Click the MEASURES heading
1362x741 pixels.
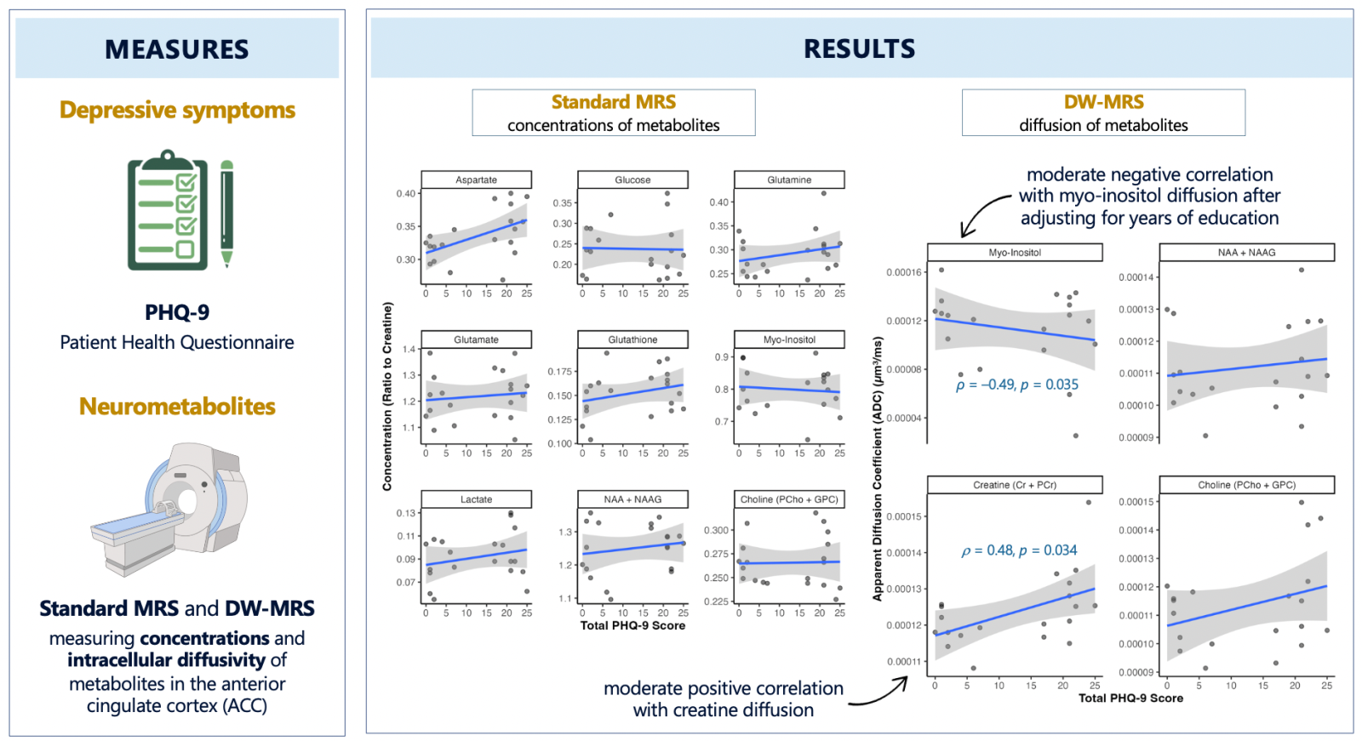pos(176,49)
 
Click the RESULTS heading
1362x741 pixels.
pos(859,48)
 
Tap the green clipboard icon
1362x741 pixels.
pos(168,210)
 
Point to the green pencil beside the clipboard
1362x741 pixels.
pos(226,214)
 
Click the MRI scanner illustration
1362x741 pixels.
pos(169,509)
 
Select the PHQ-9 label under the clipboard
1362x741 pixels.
pos(177,312)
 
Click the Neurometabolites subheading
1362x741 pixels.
pos(177,406)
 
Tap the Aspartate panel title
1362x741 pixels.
pos(476,180)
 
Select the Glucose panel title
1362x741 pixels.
pos(632,180)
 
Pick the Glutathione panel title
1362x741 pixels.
pos(632,339)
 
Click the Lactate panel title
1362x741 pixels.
pos(476,499)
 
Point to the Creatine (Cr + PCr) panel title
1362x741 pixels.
pos(1015,484)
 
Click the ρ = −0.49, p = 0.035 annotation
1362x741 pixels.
pos(1017,385)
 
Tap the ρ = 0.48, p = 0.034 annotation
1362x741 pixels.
pos(1019,550)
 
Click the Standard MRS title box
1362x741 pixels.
pos(614,112)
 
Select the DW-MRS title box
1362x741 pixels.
pos(1103,112)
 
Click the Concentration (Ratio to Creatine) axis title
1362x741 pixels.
pos(386,396)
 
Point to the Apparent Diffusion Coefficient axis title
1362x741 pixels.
pos(878,470)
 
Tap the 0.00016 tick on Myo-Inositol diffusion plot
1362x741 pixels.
pos(904,272)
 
